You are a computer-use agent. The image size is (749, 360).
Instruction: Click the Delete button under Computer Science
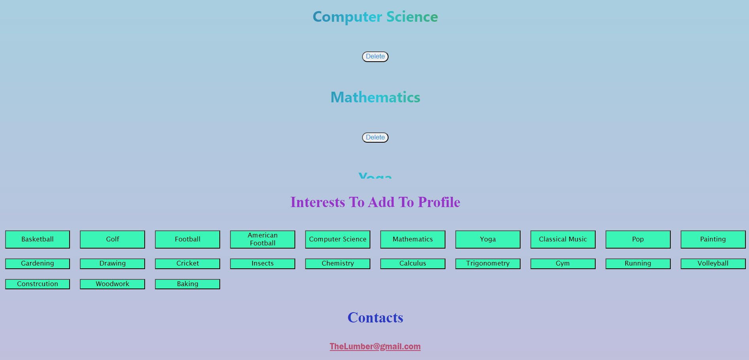tap(375, 57)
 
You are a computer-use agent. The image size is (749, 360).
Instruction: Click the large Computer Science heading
tap(375, 17)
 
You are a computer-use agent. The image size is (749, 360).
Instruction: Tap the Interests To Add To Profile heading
tap(375, 202)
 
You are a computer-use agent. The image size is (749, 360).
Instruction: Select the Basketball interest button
tap(38, 239)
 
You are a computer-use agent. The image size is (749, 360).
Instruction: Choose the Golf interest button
tap(112, 239)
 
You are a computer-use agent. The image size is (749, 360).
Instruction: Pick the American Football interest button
tap(262, 239)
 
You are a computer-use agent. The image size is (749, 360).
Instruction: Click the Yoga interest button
tap(488, 239)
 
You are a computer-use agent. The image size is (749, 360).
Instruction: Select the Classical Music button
tap(563, 239)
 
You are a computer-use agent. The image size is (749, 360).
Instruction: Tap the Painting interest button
tap(713, 239)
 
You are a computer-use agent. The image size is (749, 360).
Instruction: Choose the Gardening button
tap(38, 264)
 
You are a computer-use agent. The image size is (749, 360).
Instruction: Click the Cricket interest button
tap(187, 264)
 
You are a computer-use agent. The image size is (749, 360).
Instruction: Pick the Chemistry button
tap(338, 264)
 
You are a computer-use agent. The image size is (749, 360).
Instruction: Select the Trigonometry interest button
tap(488, 264)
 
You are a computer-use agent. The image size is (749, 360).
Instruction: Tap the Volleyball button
tap(713, 264)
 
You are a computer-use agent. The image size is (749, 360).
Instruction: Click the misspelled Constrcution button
tap(38, 284)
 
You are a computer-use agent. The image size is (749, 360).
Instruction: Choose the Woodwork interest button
tap(112, 284)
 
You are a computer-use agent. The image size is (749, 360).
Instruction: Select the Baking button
tap(187, 284)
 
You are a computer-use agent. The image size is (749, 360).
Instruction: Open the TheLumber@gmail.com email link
tap(375, 347)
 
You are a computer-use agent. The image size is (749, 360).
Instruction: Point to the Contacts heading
tap(375, 317)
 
